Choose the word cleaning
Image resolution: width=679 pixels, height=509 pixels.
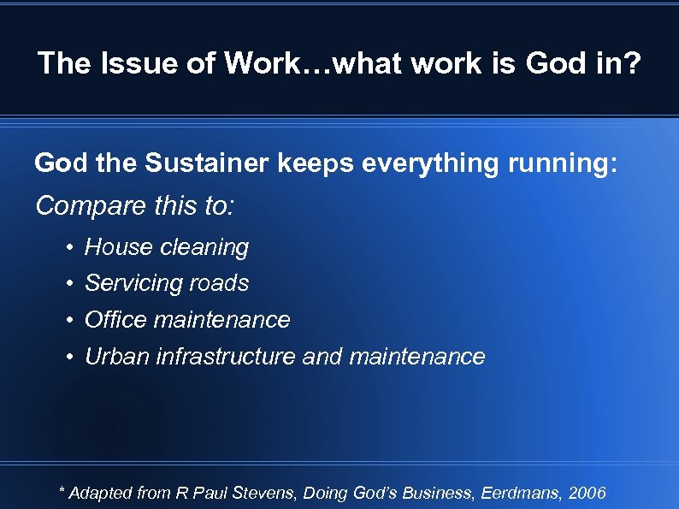click(x=204, y=247)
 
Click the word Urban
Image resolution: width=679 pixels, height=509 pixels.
click(x=117, y=357)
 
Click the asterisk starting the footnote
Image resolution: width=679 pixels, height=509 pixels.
click(x=61, y=490)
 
